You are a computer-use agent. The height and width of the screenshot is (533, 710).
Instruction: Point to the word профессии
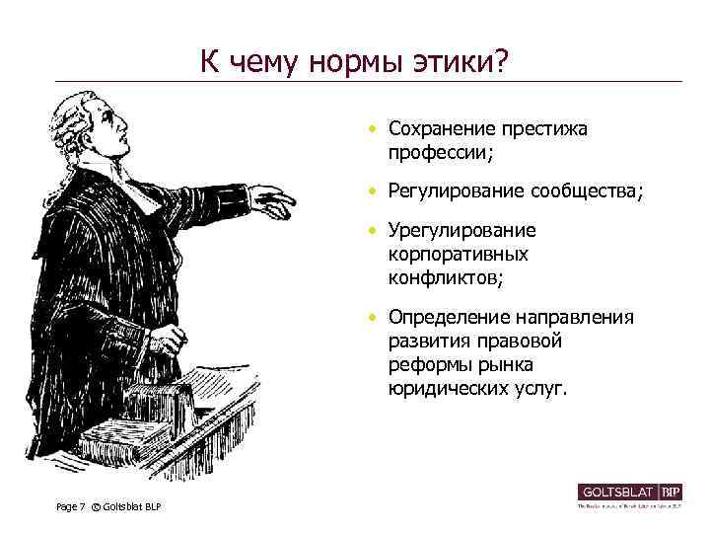(x=439, y=153)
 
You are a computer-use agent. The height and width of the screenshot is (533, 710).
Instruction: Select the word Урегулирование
(x=461, y=231)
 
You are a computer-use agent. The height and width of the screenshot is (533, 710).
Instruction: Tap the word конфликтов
(x=444, y=278)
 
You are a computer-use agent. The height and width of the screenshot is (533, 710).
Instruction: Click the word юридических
(x=446, y=389)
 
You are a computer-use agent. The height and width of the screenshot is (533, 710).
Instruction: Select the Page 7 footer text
(x=71, y=507)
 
